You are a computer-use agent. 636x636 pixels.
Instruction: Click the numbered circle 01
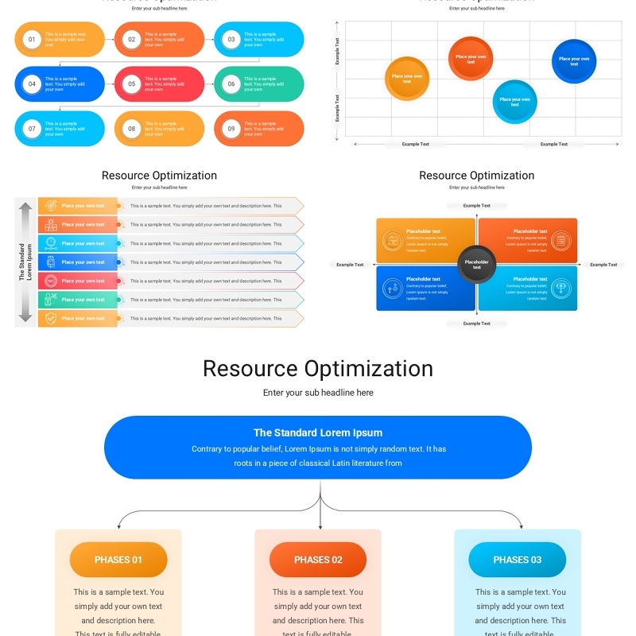(x=32, y=39)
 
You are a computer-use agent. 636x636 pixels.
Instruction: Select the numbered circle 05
(x=131, y=83)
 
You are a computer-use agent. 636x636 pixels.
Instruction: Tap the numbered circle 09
(x=231, y=129)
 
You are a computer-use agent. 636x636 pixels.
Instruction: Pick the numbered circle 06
(x=231, y=83)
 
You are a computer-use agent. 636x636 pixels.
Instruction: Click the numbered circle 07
(x=32, y=129)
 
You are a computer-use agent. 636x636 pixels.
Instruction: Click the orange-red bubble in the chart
(x=471, y=58)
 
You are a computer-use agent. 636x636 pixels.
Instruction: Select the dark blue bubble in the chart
(x=574, y=60)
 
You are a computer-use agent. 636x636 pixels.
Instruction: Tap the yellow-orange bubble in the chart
(x=407, y=79)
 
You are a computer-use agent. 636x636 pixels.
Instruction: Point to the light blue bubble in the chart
(x=514, y=102)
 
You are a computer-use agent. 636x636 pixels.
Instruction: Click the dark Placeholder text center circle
(x=477, y=264)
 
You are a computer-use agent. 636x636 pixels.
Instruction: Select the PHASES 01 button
(x=118, y=560)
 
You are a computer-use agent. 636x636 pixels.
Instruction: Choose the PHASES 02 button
(x=318, y=560)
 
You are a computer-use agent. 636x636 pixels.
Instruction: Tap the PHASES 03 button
(x=517, y=560)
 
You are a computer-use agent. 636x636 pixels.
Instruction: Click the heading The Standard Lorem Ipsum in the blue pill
(x=318, y=433)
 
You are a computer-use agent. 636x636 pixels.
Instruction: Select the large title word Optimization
(x=369, y=369)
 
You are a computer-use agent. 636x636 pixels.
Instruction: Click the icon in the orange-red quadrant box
(x=561, y=239)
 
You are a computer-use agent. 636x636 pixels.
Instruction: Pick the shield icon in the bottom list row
(x=51, y=319)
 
